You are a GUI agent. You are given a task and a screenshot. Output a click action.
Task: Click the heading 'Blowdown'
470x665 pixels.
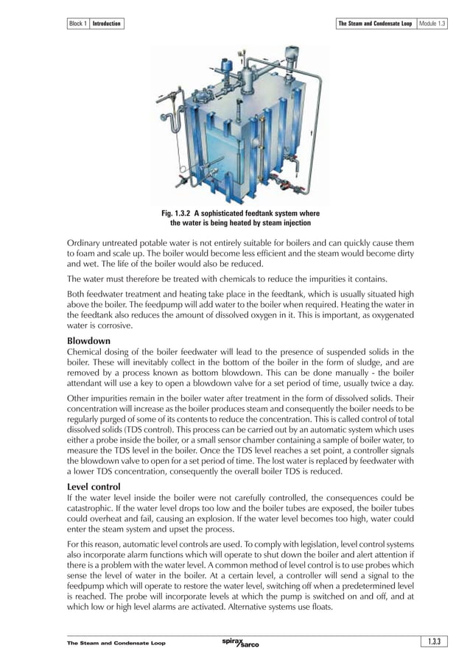click(x=88, y=342)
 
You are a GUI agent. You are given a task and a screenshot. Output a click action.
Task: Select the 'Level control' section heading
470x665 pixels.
click(x=94, y=487)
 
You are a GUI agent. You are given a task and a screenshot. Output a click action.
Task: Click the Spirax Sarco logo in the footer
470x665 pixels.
click(x=240, y=644)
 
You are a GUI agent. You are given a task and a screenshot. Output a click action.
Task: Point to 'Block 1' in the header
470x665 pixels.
click(x=77, y=24)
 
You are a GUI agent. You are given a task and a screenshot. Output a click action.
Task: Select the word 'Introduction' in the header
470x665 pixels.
click(x=106, y=24)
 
